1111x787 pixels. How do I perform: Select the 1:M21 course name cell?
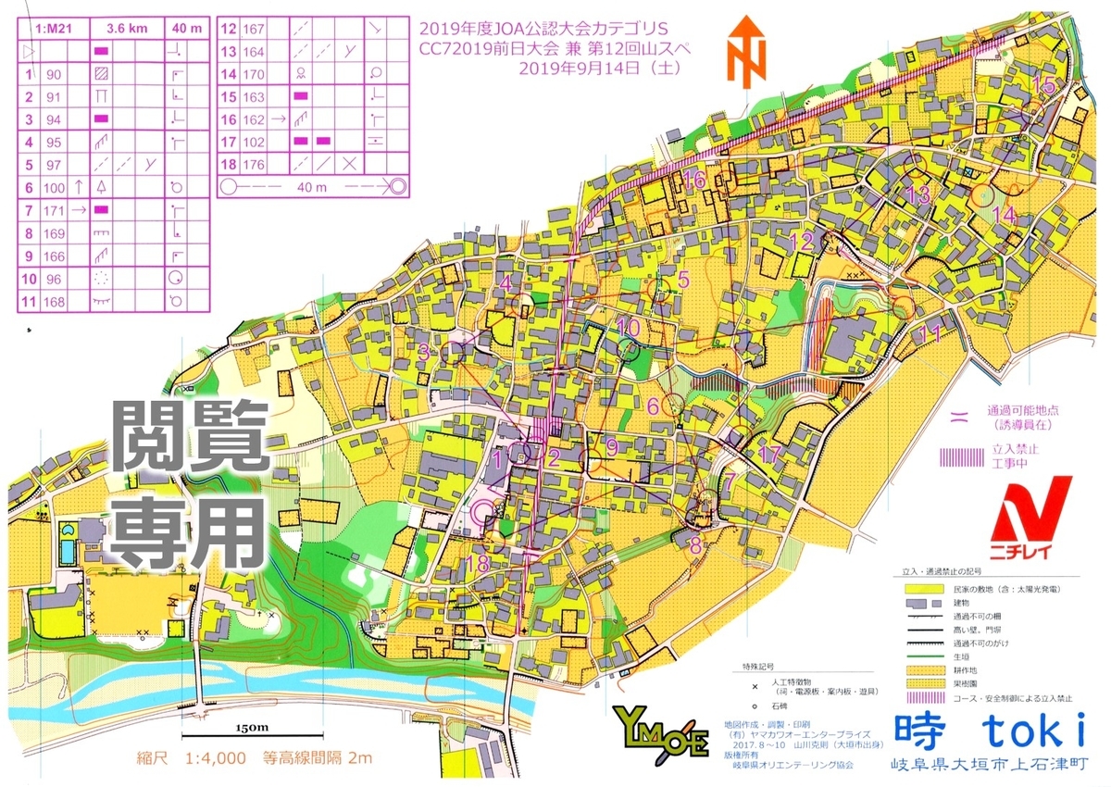tap(51, 29)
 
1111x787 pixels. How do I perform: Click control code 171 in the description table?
tap(55, 210)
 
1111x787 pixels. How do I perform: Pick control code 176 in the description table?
tap(254, 164)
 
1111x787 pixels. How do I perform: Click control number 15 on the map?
tap(1043, 86)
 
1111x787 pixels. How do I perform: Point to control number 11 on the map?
tap(932, 334)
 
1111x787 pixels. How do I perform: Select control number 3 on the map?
tap(423, 351)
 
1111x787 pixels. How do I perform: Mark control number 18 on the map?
tap(478, 564)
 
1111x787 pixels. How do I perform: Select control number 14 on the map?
tap(1004, 215)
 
